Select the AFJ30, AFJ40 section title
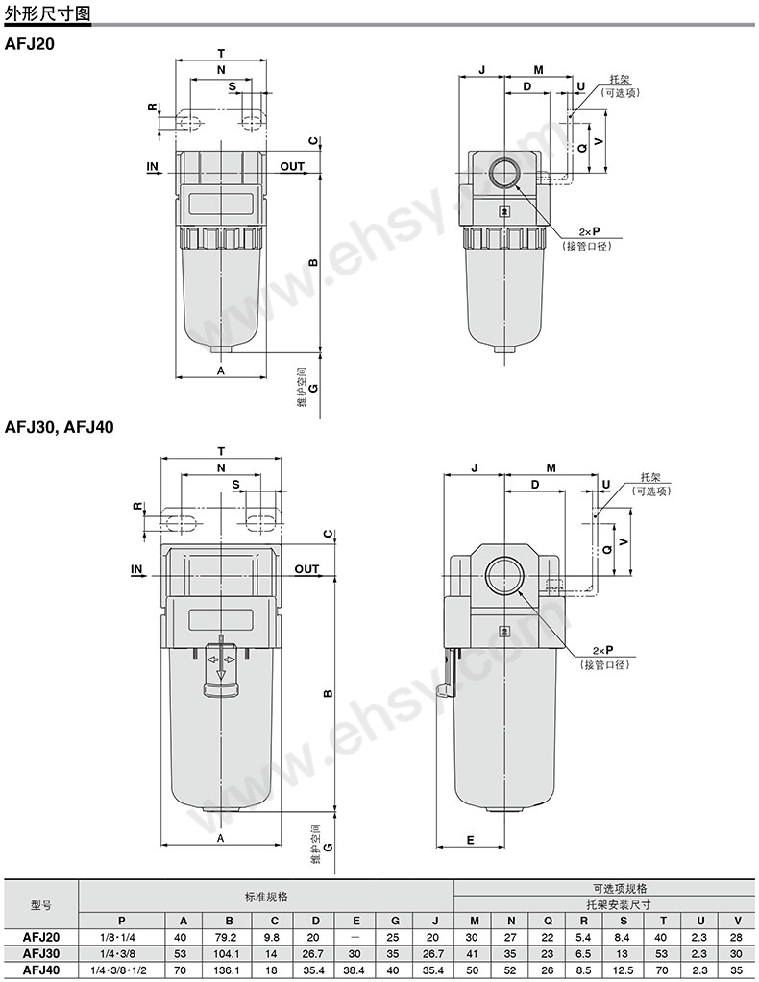(60, 427)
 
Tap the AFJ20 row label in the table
(41, 936)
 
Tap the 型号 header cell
(41, 904)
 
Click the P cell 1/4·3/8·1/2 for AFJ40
(121, 970)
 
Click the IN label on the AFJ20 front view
(152, 167)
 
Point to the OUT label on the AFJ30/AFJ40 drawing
(306, 569)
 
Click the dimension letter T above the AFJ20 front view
(221, 53)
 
